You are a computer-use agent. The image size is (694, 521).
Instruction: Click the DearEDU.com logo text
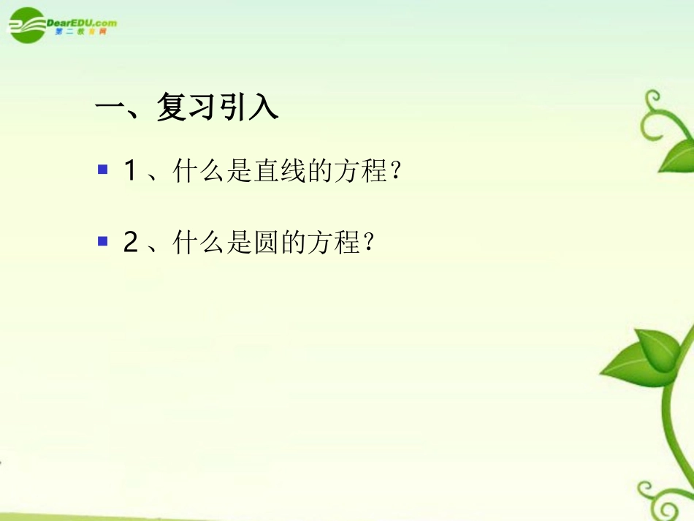coord(82,23)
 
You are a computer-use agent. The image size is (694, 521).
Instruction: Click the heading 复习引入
coord(217,109)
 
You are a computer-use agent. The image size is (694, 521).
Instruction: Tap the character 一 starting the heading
coord(111,109)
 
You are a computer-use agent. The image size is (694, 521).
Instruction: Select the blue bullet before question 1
coord(102,170)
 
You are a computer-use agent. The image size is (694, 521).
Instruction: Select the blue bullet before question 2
coord(102,240)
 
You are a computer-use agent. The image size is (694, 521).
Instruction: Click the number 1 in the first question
coord(131,172)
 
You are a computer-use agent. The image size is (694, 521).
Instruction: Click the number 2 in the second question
coord(131,242)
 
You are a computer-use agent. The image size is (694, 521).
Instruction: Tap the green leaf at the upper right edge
coord(678,156)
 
